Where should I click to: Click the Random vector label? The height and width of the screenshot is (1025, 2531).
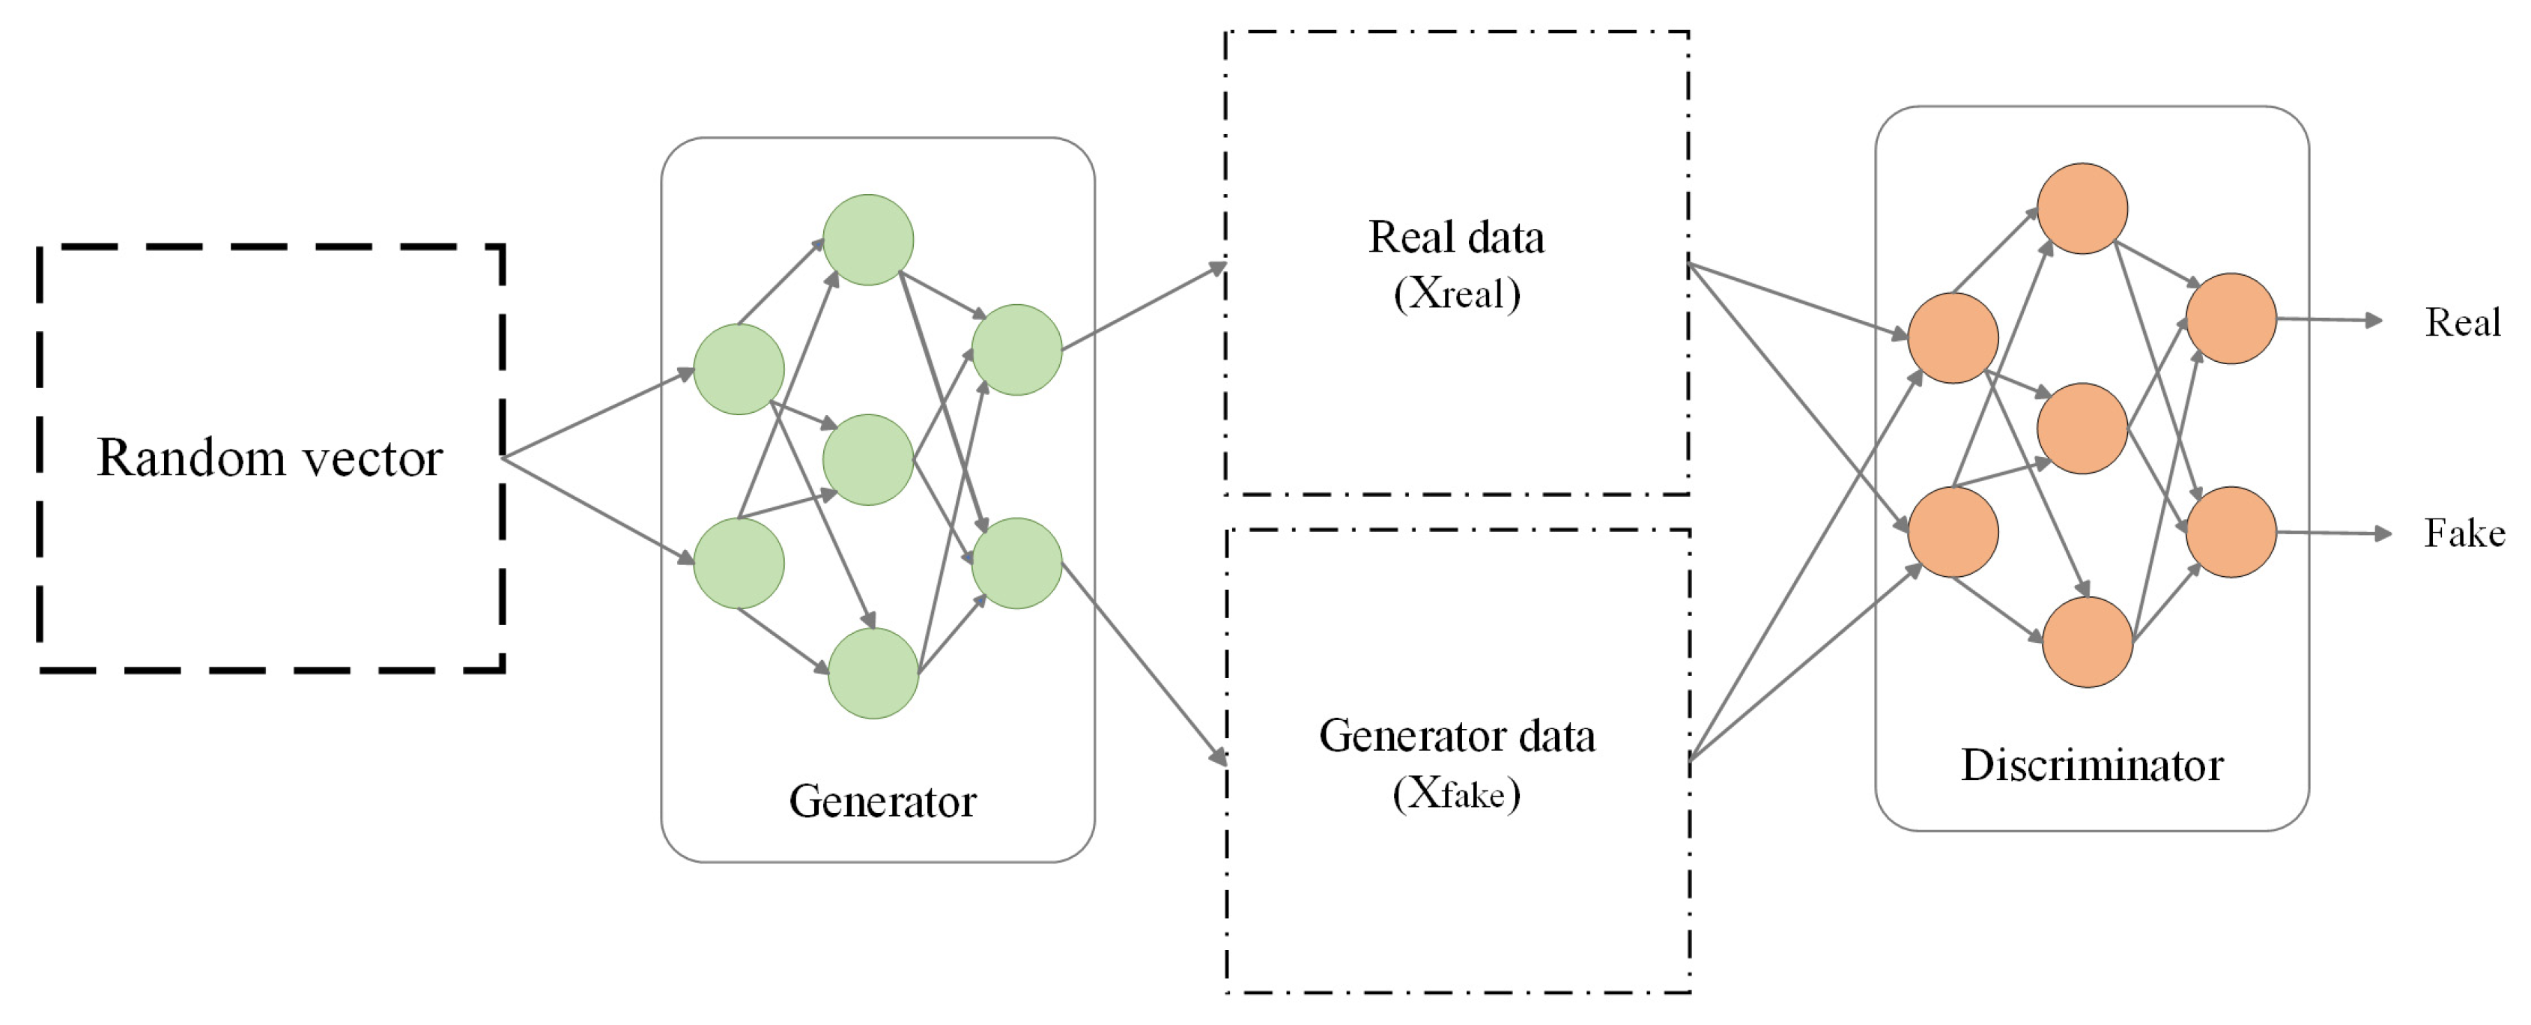(x=270, y=458)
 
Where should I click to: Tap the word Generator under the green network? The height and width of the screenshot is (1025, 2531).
(x=882, y=801)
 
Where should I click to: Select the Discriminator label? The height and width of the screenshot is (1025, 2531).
(x=2092, y=764)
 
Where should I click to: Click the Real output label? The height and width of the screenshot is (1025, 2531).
(x=2462, y=322)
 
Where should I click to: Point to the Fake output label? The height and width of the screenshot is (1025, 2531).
(x=2464, y=533)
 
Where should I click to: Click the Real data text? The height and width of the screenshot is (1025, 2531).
(x=1456, y=237)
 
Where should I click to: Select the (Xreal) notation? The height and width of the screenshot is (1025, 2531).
(x=1457, y=293)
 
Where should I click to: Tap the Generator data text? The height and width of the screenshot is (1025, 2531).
(x=1457, y=735)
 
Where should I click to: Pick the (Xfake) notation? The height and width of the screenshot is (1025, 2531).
(x=1457, y=792)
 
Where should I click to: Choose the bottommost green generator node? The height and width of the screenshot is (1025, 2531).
(x=873, y=673)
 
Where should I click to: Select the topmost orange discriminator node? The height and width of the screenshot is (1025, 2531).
(x=2083, y=208)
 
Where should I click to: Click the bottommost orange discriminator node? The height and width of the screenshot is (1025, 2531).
(x=2088, y=641)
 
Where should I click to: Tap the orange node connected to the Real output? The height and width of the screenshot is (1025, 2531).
(x=2231, y=318)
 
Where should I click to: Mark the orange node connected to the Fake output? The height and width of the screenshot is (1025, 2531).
(x=2231, y=532)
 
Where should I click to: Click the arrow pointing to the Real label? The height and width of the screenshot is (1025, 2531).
(x=2330, y=319)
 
